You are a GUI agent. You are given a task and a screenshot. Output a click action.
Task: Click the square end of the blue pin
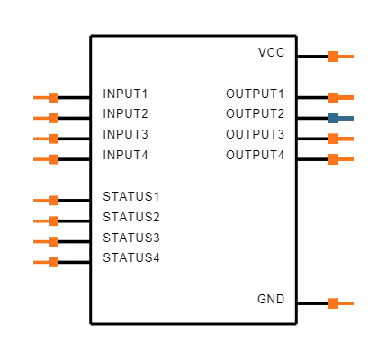click(333, 118)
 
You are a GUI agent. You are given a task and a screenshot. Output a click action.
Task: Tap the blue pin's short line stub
click(346, 118)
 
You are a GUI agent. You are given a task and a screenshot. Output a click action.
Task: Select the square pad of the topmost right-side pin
click(333, 57)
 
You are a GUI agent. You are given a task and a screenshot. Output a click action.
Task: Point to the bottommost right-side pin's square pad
click(333, 303)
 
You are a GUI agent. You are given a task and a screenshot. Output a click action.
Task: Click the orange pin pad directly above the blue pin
click(333, 97)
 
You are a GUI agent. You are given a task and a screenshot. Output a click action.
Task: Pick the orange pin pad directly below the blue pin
click(333, 139)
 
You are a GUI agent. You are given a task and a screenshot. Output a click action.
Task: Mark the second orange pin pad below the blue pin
click(333, 159)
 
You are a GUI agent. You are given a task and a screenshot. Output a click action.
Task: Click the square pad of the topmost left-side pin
click(54, 97)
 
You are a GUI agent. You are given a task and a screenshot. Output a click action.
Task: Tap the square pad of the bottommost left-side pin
click(54, 262)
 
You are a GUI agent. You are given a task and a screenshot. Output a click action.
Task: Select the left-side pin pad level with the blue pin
click(54, 118)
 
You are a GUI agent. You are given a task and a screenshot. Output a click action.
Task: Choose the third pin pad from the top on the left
click(54, 139)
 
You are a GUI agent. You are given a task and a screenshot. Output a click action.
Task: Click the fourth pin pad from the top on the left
click(54, 159)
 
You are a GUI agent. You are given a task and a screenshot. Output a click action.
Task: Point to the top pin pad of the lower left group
click(54, 201)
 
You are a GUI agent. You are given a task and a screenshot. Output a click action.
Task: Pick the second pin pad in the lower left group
click(54, 220)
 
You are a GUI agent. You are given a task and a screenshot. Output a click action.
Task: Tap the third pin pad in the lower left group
click(54, 241)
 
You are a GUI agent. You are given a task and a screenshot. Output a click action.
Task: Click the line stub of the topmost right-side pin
click(346, 57)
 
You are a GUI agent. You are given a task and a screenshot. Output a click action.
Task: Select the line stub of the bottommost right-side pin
click(346, 303)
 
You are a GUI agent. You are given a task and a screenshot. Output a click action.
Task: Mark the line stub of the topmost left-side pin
click(40, 97)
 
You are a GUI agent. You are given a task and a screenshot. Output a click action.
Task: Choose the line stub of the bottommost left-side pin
click(40, 262)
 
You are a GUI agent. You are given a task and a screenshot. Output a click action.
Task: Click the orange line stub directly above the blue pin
click(346, 97)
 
